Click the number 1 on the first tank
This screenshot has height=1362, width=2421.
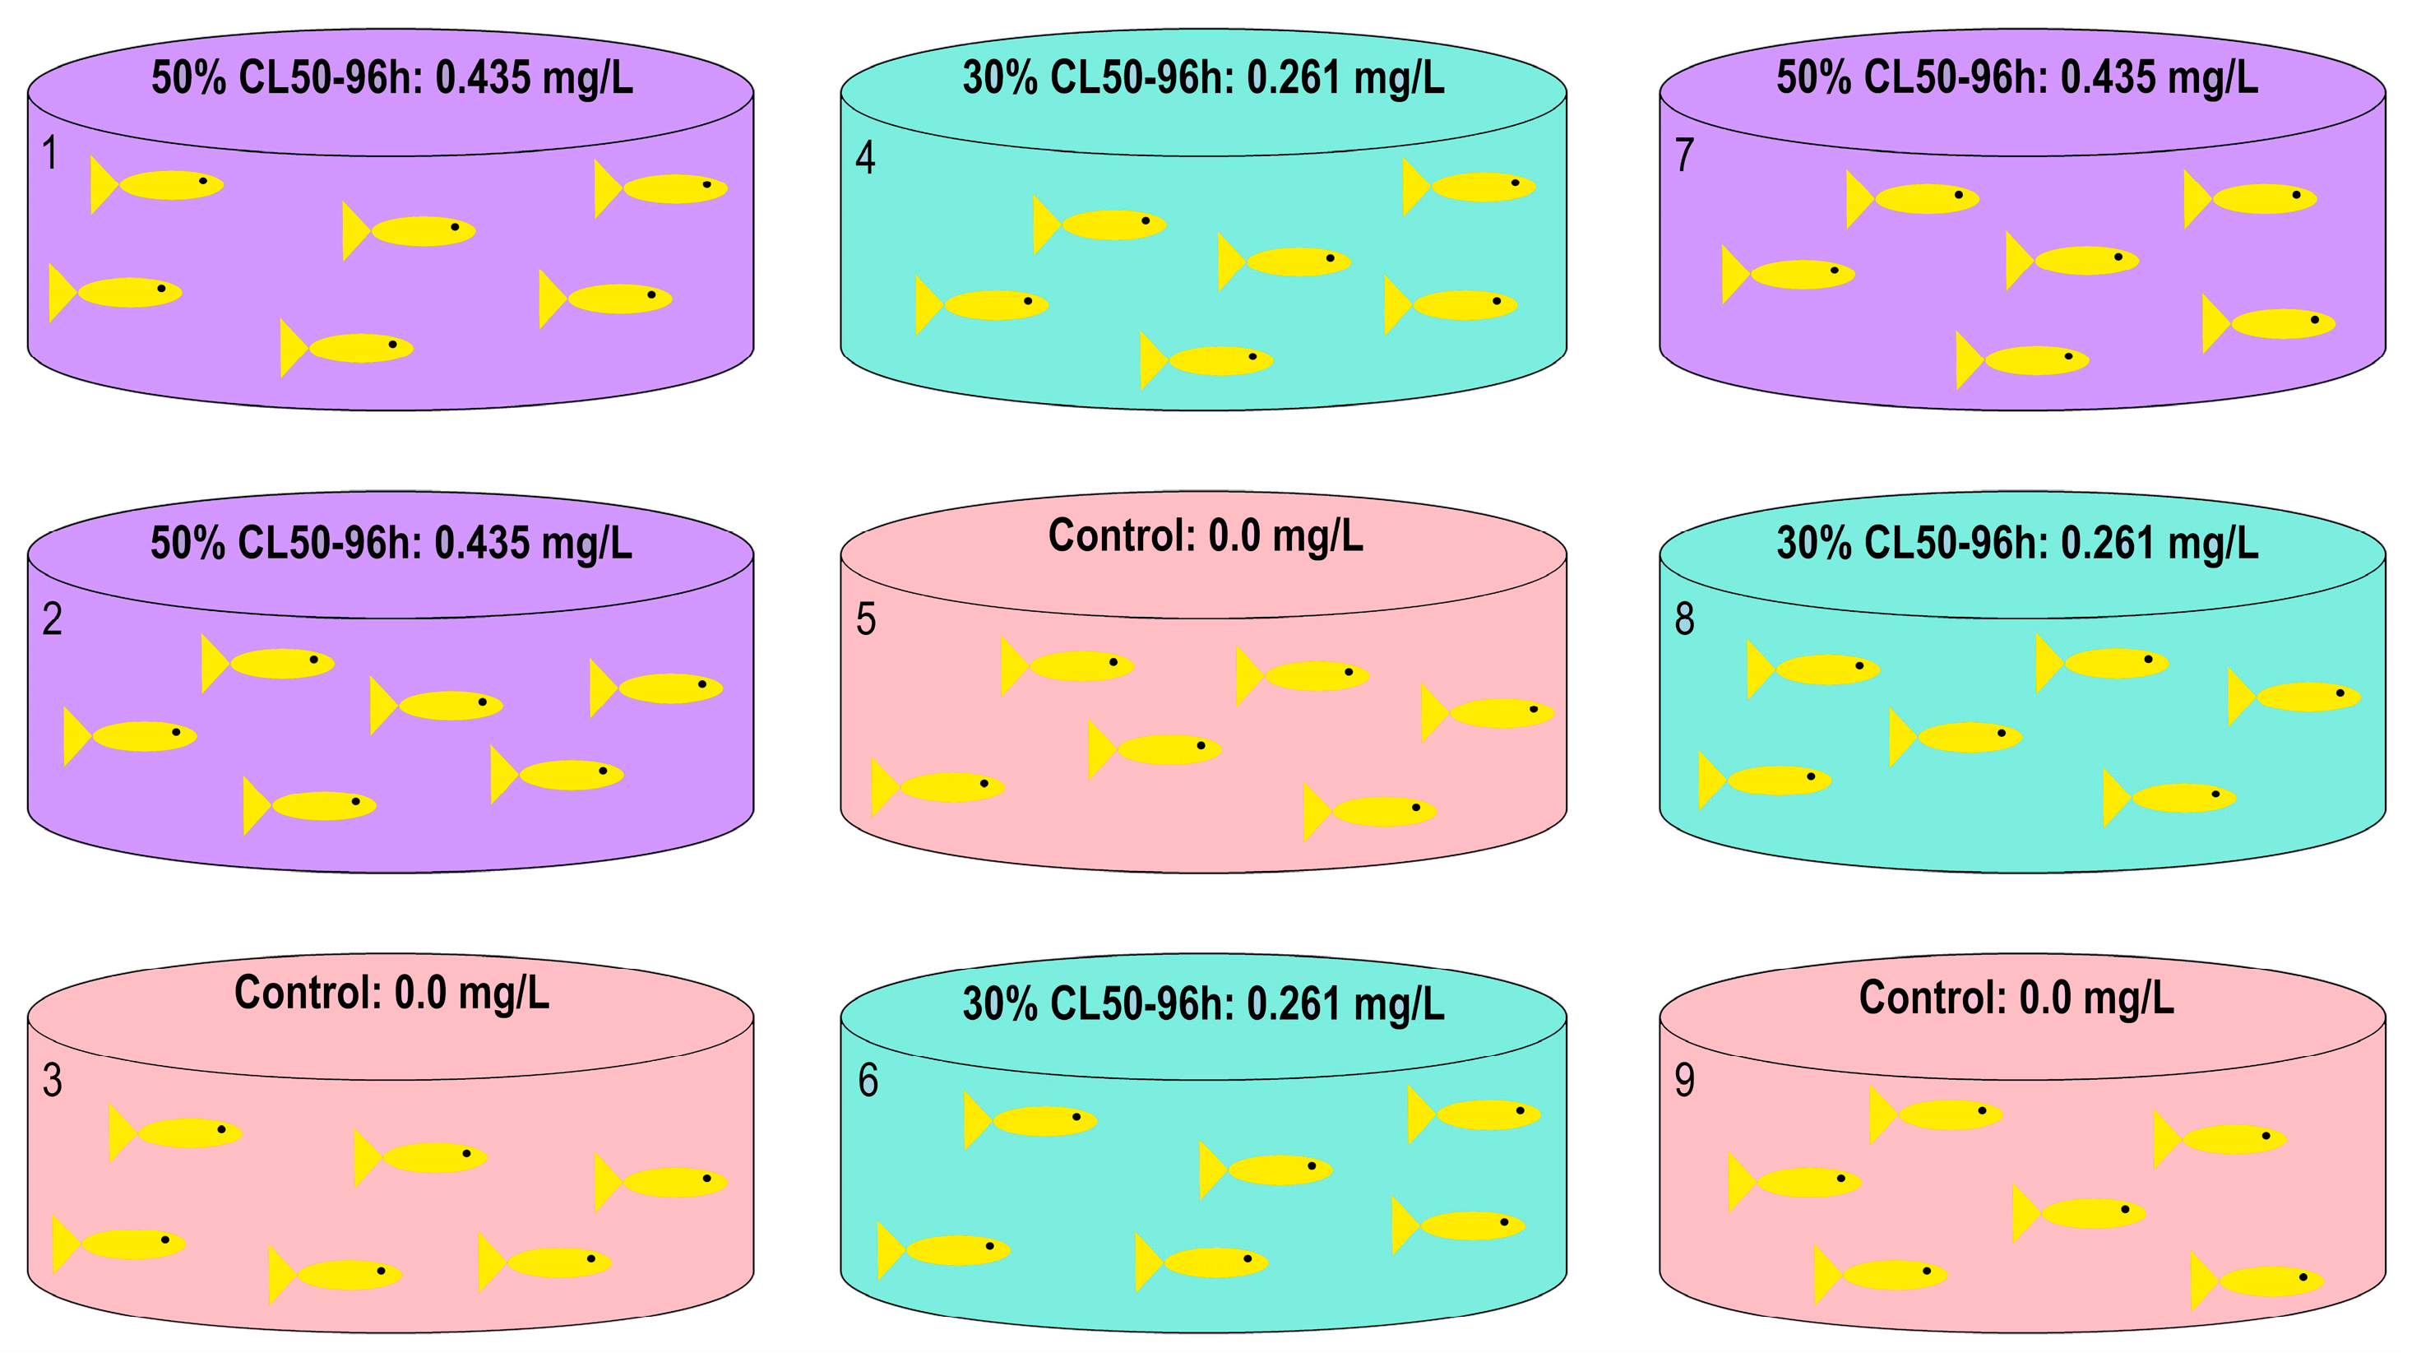(x=51, y=153)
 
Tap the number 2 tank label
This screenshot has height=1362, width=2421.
(x=53, y=619)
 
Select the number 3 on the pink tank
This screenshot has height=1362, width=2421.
(x=53, y=1081)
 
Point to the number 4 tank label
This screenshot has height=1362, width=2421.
(x=864, y=158)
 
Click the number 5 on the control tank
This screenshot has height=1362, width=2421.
(x=866, y=620)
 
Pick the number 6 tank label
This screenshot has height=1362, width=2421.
(x=868, y=1081)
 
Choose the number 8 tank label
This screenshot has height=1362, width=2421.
(x=1684, y=619)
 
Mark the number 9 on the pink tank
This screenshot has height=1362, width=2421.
(x=1684, y=1081)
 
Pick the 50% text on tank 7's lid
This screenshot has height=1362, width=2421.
(x=1814, y=78)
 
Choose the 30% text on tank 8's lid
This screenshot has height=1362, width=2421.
(x=1814, y=544)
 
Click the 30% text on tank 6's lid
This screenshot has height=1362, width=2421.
(x=1000, y=1005)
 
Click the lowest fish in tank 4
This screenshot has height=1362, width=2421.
(x=1212, y=360)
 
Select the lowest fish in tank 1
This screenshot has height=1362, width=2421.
(x=353, y=348)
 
